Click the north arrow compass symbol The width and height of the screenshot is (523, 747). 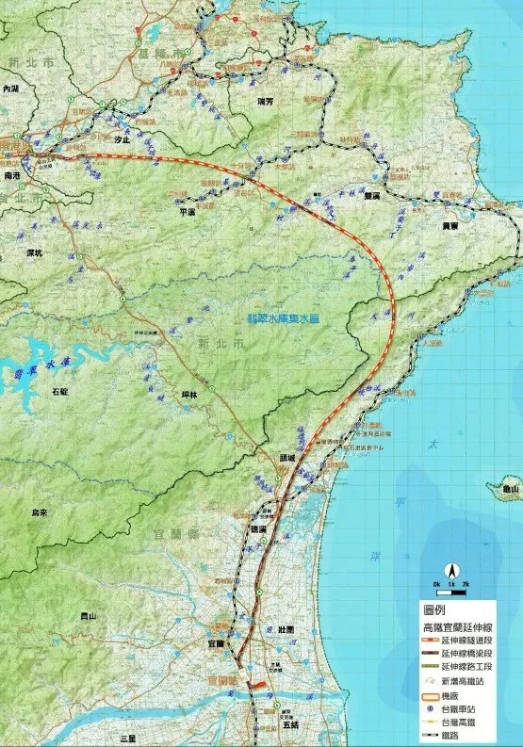tap(451, 570)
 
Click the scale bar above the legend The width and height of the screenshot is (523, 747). tap(451, 586)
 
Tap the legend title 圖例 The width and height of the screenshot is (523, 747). tap(436, 609)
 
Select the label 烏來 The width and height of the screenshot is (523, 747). tap(40, 512)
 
